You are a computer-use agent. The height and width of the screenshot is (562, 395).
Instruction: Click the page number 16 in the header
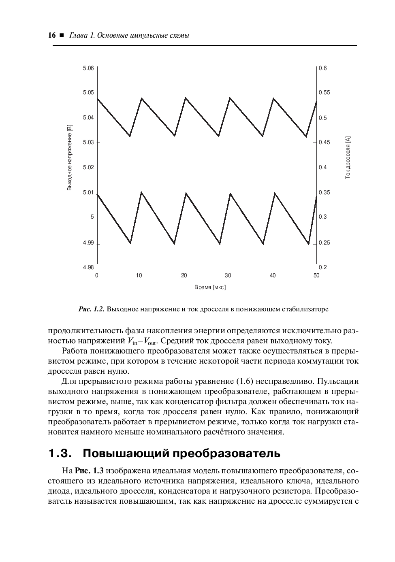click(x=51, y=35)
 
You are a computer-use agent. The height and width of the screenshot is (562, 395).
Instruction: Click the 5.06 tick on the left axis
click(x=88, y=68)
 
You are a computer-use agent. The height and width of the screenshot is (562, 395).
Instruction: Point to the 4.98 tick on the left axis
click(x=88, y=267)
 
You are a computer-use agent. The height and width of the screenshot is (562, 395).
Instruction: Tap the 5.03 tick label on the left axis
click(x=88, y=142)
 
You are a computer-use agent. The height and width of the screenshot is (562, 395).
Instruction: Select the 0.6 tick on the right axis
click(x=322, y=68)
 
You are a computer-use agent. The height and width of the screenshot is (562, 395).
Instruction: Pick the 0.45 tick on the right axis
click(x=324, y=142)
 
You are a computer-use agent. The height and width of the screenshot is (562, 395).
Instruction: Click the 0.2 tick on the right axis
click(x=322, y=267)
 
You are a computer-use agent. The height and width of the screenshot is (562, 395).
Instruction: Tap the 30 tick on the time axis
click(x=228, y=276)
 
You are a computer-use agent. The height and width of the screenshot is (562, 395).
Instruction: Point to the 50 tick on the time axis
click(x=316, y=276)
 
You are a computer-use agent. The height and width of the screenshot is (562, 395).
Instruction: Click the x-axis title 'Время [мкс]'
click(x=210, y=287)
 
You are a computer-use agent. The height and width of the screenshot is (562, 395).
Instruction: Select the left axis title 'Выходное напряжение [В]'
click(x=69, y=158)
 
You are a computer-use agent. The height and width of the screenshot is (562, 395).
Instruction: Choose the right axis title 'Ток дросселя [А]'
click(x=348, y=158)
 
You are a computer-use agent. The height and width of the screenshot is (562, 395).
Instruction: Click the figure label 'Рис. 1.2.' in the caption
click(x=91, y=309)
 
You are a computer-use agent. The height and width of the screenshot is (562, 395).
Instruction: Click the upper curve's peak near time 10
click(x=141, y=98)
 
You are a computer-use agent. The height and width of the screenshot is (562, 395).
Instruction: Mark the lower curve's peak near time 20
click(x=186, y=193)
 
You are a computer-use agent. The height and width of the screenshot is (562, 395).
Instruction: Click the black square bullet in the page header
click(x=62, y=36)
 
